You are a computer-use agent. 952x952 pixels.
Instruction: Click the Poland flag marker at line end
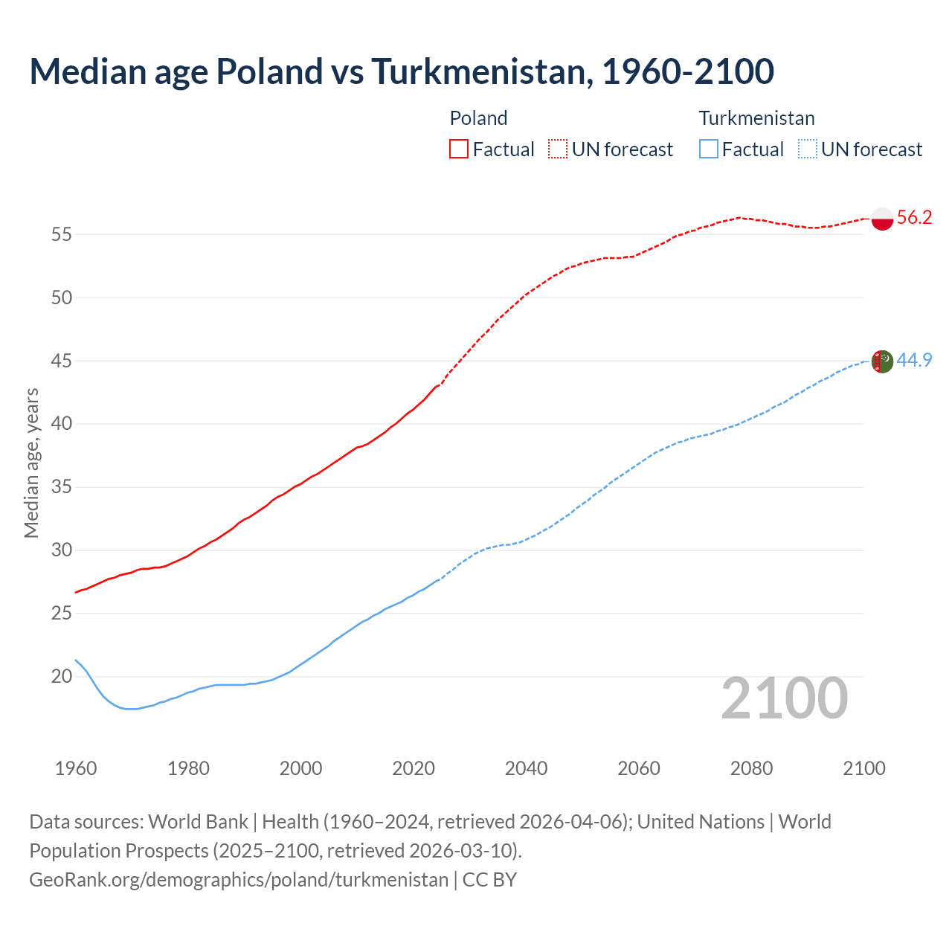pyautogui.click(x=881, y=219)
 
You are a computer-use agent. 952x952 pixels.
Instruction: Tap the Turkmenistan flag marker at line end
pyautogui.click(x=881, y=361)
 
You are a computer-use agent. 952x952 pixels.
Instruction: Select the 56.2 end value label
pyautogui.click(x=914, y=217)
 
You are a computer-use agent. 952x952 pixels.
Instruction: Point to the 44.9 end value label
pyautogui.click(x=914, y=360)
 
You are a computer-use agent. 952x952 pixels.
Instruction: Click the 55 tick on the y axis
pyautogui.click(x=61, y=234)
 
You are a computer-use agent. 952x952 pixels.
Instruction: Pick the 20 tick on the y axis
pyautogui.click(x=61, y=677)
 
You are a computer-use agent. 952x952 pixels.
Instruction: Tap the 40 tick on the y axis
pyautogui.click(x=61, y=424)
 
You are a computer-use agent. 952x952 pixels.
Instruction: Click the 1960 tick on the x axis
pyautogui.click(x=76, y=768)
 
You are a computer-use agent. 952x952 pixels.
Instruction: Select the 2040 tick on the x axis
pyautogui.click(x=526, y=768)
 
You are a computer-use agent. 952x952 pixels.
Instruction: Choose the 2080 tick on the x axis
pyautogui.click(x=751, y=768)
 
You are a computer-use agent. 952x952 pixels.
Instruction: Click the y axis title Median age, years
pyautogui.click(x=31, y=463)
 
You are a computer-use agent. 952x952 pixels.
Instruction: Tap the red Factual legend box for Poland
pyautogui.click(x=459, y=149)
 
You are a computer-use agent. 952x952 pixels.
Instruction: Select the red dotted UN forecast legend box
pyautogui.click(x=558, y=149)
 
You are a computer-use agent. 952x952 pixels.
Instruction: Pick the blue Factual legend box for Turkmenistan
pyautogui.click(x=709, y=149)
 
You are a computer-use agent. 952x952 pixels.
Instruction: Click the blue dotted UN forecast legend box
pyautogui.click(x=807, y=149)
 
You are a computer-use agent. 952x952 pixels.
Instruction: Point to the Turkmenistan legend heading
pyautogui.click(x=756, y=118)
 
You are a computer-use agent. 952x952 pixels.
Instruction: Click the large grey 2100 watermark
pyautogui.click(x=784, y=698)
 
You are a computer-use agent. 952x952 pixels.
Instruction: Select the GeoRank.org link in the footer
pyautogui.click(x=238, y=880)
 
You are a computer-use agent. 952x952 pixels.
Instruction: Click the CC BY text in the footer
pyautogui.click(x=489, y=880)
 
